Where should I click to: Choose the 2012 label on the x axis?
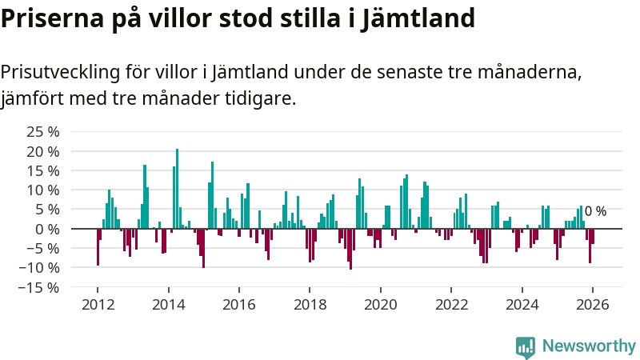(x=98, y=305)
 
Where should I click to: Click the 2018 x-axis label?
(x=310, y=305)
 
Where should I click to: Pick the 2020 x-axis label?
(x=380, y=305)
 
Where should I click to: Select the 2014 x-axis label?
(x=168, y=305)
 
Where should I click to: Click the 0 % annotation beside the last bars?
(x=595, y=212)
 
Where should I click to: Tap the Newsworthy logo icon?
(x=525, y=346)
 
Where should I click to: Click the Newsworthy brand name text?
(x=588, y=346)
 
